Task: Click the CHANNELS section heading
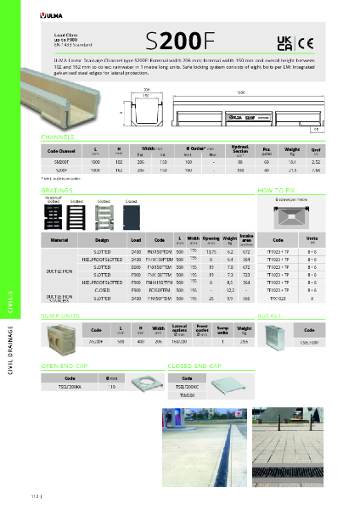tap(58, 136)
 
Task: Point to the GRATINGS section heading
tap(57, 192)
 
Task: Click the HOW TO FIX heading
tap(275, 192)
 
